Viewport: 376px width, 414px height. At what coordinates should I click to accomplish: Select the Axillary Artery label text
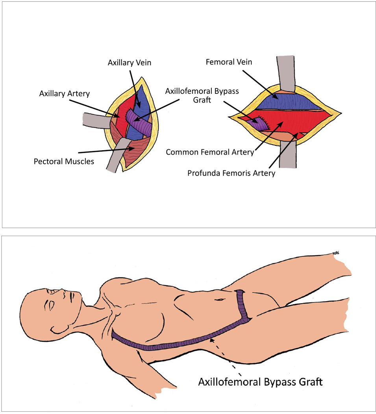(64, 93)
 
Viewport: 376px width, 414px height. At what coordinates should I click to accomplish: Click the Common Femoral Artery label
(210, 152)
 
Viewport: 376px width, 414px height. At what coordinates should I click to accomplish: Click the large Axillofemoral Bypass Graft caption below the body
(260, 382)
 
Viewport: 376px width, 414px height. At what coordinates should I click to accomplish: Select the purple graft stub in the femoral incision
(258, 122)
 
